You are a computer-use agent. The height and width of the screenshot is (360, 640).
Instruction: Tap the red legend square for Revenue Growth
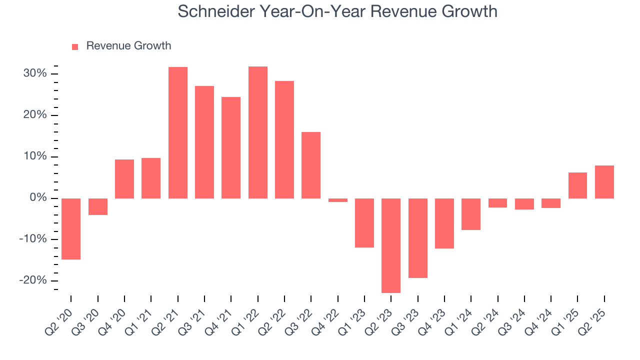coord(75,46)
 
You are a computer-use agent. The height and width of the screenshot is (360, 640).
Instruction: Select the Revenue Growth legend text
coord(128,46)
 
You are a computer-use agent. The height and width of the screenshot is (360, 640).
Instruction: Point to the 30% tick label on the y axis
coord(34,74)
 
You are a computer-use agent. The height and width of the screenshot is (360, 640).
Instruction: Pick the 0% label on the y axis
coord(37,198)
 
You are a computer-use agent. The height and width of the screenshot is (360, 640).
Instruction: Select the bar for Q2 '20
coord(71,228)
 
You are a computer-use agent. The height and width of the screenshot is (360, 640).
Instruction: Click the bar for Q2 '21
coord(178,132)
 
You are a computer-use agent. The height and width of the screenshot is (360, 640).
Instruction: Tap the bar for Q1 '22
coord(258,132)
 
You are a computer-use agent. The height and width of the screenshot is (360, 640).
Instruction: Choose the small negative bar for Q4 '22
coord(338,200)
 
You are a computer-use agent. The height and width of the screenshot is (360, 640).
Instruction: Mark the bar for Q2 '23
coord(391,245)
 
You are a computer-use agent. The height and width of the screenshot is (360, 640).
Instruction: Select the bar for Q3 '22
coord(311,165)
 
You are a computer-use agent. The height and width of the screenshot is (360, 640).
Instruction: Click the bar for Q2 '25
coord(604,182)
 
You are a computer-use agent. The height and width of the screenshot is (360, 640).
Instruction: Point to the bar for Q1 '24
coord(471,214)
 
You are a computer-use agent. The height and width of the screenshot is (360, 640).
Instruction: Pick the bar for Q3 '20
coord(98,206)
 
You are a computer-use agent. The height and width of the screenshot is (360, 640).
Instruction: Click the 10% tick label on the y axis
coord(34,156)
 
